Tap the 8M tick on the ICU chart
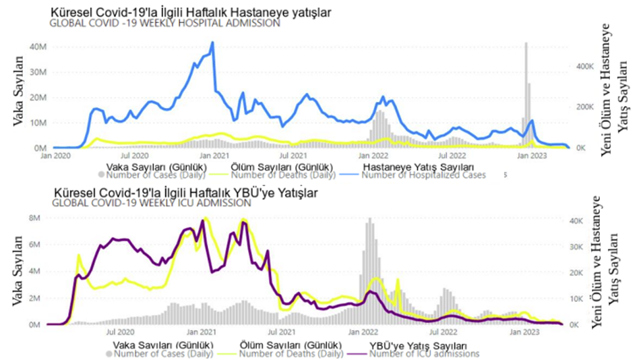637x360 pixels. [x=36, y=218]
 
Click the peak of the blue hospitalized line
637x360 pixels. [x=213, y=42]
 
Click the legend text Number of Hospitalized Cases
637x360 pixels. [x=432, y=175]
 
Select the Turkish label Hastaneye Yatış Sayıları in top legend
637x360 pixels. [x=419, y=167]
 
